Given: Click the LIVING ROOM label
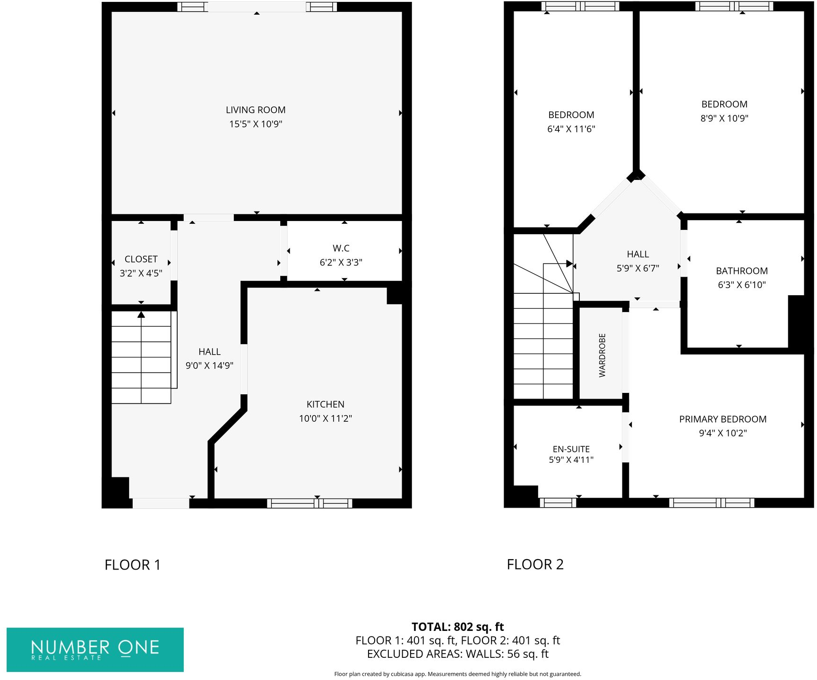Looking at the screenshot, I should [256, 110].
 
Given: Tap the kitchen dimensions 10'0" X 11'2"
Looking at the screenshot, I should [325, 418].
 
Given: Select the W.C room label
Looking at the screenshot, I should [341, 248].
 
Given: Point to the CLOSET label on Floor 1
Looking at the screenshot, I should [141, 259].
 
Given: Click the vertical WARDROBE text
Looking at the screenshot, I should [602, 355].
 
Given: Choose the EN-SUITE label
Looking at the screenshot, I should [571, 449].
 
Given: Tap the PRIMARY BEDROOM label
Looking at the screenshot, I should [722, 419].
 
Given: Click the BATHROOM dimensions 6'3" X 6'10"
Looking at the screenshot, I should [741, 285].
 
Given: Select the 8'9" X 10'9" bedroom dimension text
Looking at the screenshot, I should [724, 119].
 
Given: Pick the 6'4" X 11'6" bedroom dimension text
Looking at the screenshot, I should [571, 129].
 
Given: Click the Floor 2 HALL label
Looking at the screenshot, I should [637, 254].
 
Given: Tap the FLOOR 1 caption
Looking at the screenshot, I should [132, 565].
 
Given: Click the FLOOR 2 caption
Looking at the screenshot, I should [535, 564].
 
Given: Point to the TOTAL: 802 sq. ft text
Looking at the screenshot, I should [457, 627].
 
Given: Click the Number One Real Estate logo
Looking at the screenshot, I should [95, 649].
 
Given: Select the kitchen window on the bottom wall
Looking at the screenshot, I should [310, 503].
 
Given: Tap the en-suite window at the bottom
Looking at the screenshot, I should [558, 503].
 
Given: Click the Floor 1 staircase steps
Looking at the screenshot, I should [141, 357].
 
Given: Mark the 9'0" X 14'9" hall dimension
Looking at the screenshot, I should [209, 365].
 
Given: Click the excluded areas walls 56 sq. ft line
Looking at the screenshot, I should [457, 654].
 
